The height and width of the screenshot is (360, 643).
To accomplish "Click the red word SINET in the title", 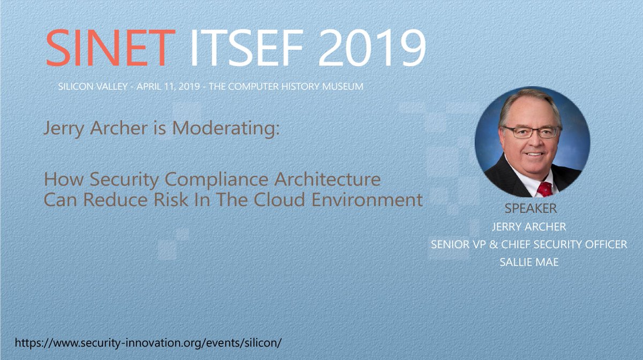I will point(110,47).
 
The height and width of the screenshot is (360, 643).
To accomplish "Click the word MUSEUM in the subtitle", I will point(339,86).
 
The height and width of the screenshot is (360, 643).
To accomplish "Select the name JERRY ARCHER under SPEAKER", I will point(529,227).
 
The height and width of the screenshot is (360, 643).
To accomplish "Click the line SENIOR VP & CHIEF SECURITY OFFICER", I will point(529,244).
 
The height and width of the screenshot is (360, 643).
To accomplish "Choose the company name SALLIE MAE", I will point(529,262).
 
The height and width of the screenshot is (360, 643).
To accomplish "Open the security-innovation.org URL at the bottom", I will point(148,342).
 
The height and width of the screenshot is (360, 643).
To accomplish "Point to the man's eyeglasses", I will point(530,132).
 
